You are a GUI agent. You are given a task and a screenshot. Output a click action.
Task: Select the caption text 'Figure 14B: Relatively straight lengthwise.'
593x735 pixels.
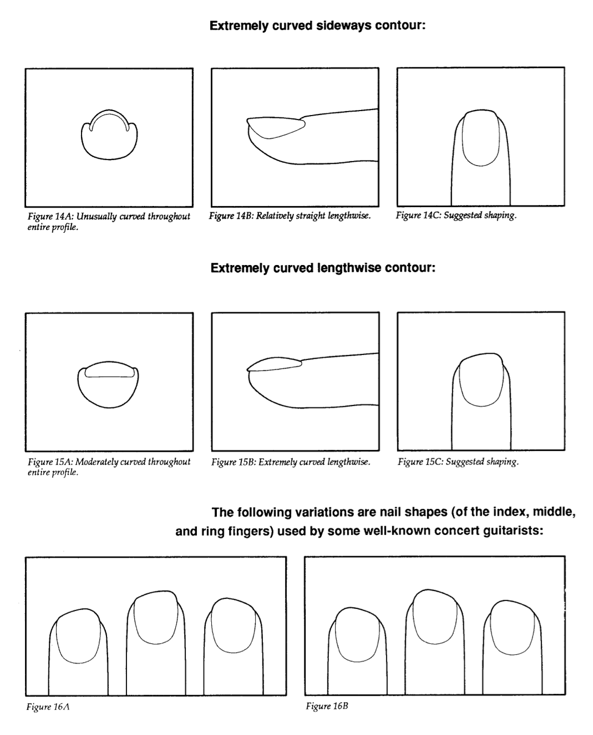click(x=290, y=216)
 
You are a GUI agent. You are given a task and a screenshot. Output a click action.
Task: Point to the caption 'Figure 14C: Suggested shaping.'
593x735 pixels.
click(x=456, y=216)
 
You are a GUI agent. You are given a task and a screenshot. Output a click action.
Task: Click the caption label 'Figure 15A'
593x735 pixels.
click(x=50, y=462)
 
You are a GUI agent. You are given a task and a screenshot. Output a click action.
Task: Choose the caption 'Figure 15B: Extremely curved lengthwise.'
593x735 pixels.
click(x=291, y=462)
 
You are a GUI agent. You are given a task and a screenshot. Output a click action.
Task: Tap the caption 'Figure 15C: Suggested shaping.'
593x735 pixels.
click(x=458, y=462)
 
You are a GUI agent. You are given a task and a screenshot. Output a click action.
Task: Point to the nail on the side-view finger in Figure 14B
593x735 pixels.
click(x=275, y=127)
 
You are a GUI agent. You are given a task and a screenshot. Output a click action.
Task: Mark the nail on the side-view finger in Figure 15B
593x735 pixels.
click(x=275, y=364)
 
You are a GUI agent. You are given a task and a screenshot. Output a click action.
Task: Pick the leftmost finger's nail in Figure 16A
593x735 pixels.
click(x=79, y=636)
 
